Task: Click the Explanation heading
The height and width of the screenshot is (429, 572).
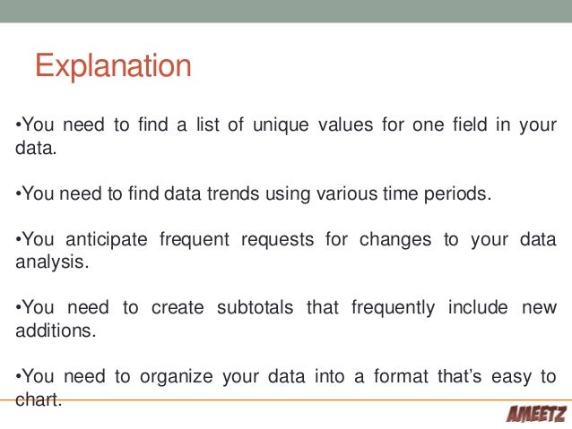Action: [113, 67]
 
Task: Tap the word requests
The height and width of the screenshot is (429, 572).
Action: [270, 240]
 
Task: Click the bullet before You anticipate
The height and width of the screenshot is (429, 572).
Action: [18, 240]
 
